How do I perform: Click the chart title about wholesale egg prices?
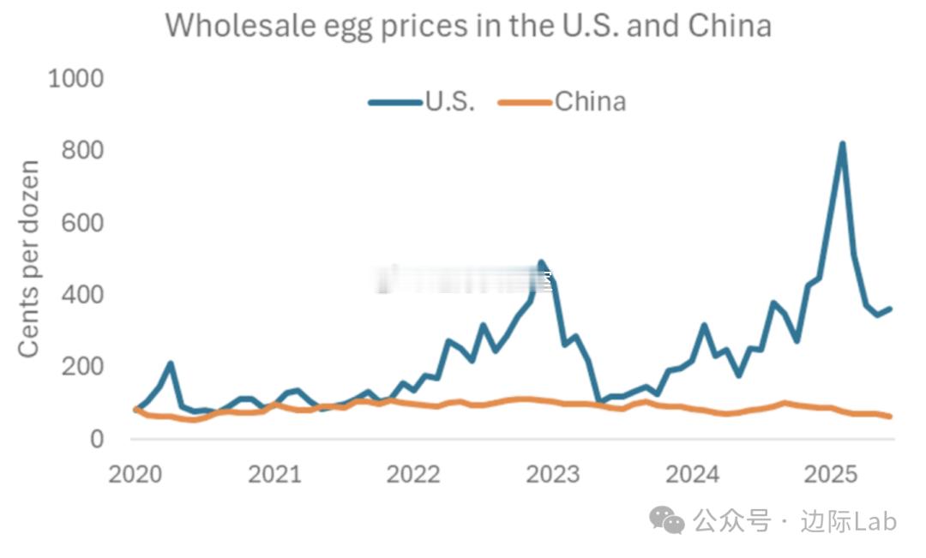(468, 26)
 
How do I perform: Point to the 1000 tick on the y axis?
(75, 79)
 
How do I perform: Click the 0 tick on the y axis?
(96, 439)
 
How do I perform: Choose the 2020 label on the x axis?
(135, 474)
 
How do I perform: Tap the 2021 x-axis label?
(274, 474)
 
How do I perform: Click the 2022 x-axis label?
(414, 474)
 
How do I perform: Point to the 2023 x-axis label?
(553, 474)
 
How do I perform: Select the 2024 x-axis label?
(693, 474)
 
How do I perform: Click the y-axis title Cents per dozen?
(29, 259)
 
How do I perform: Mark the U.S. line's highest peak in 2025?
(842, 144)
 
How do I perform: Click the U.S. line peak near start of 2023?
(541, 263)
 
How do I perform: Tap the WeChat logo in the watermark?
(666, 519)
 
